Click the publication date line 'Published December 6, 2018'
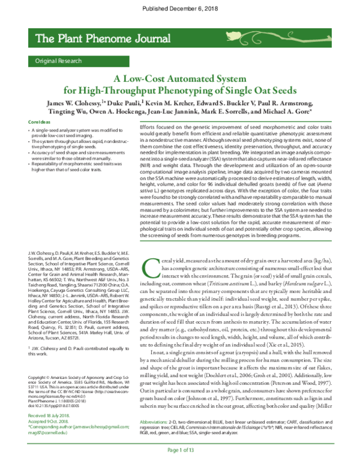[179, 8]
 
